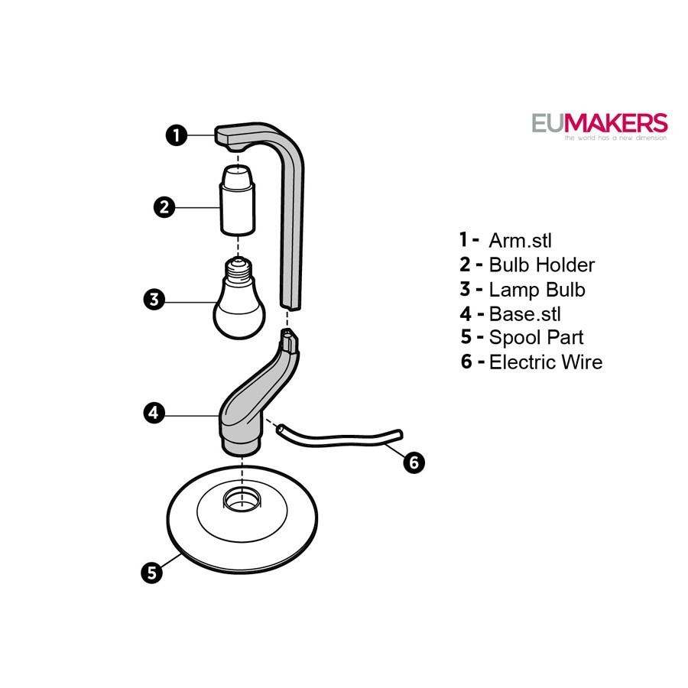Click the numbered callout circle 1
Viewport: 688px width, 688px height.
point(177,135)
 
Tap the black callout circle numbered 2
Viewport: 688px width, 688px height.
point(164,207)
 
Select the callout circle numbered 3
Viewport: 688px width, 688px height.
point(154,300)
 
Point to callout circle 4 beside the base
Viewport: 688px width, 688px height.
point(154,413)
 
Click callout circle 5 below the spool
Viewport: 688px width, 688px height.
point(152,573)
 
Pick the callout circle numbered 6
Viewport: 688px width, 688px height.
point(414,462)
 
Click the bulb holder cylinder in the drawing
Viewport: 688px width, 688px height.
point(238,200)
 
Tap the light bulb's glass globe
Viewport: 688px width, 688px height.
point(239,311)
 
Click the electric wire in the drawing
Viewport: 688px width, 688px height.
point(339,439)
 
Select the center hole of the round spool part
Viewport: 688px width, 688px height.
point(242,498)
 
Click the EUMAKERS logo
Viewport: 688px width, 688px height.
point(599,123)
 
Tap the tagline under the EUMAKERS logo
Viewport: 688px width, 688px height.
point(615,138)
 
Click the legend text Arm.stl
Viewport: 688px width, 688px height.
point(520,241)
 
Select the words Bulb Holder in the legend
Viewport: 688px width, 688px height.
point(542,265)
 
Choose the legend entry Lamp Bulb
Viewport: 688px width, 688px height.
point(537,290)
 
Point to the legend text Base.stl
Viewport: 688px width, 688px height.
point(524,314)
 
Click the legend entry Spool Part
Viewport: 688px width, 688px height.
point(536,338)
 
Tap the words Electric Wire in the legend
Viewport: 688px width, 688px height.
point(546,362)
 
